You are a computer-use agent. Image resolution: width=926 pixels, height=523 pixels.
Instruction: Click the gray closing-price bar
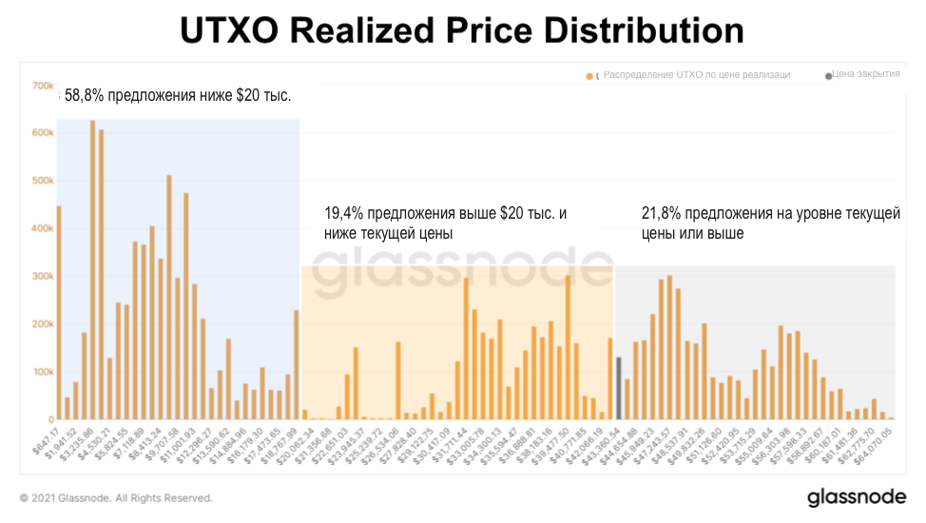coord(619,388)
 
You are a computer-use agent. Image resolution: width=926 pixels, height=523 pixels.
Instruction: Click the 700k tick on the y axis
coord(43,86)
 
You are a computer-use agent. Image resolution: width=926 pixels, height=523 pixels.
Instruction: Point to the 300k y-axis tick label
coord(43,277)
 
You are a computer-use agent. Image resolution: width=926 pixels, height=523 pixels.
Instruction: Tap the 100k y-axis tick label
coord(43,372)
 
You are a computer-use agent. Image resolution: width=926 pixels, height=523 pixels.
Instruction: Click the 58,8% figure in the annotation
coord(86,95)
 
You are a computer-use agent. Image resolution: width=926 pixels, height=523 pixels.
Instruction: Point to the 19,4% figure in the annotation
coord(344,214)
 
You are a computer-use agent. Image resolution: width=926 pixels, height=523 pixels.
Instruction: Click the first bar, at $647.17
coord(58,313)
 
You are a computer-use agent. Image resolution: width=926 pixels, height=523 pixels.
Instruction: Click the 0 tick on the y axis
coord(50,419)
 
